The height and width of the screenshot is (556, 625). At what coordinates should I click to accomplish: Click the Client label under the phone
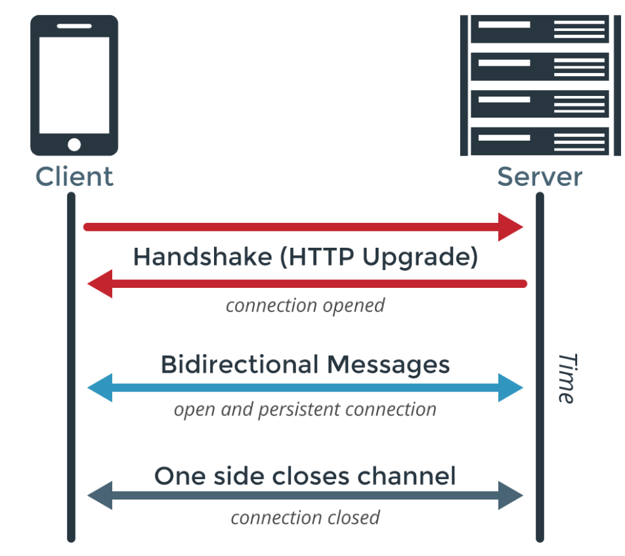[x=74, y=177]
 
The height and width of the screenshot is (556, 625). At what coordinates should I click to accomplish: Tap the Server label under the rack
[x=539, y=177]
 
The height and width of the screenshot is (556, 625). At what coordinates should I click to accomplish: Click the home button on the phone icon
[x=74, y=145]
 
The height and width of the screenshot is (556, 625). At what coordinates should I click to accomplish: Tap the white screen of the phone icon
[x=74, y=85]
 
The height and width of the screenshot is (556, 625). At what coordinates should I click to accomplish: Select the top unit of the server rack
[x=540, y=30]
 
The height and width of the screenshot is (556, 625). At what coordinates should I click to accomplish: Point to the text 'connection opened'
[x=305, y=306]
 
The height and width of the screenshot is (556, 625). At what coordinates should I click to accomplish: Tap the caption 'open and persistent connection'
[x=305, y=409]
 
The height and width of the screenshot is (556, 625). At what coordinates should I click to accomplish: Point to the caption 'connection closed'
[x=305, y=517]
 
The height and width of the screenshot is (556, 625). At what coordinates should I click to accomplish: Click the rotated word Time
[x=567, y=378]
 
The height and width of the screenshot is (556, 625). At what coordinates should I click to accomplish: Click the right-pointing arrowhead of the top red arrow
[x=511, y=227]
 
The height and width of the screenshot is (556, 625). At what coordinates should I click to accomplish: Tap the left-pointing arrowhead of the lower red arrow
[x=100, y=284]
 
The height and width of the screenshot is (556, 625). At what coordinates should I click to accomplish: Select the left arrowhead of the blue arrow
[x=100, y=388]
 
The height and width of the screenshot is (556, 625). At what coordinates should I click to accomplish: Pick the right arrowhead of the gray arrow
[x=511, y=496]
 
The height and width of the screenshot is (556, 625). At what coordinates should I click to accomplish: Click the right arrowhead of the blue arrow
[x=511, y=388]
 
